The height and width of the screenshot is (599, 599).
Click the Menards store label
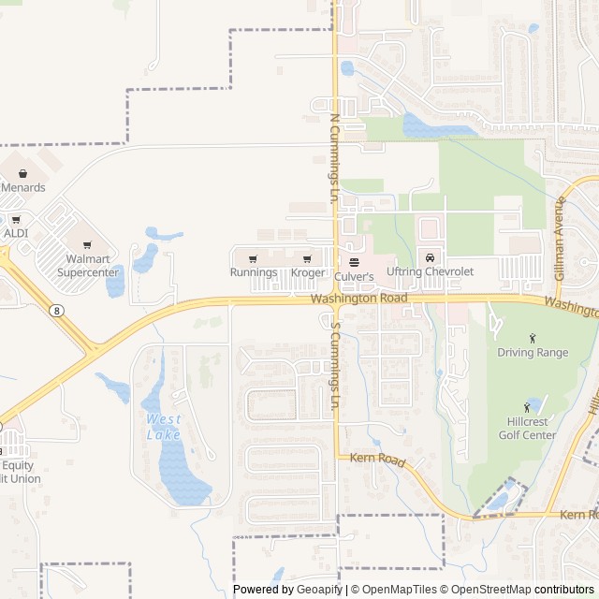(22, 187)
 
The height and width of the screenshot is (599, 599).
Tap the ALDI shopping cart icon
(16, 220)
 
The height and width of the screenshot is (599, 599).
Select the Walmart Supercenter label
(88, 266)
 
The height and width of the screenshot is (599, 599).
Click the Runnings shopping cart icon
(253, 258)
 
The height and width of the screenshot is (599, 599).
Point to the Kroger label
(307, 272)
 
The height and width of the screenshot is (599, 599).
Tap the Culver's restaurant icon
(354, 262)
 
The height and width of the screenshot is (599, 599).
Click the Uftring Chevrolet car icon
(430, 257)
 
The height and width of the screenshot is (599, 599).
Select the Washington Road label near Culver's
(359, 298)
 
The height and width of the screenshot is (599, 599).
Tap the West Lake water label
(164, 427)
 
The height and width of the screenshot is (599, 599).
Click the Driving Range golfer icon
(533, 338)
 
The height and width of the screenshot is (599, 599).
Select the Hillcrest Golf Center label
(532, 429)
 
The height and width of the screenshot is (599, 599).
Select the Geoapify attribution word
(319, 590)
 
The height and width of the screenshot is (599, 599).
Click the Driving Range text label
(533, 353)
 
